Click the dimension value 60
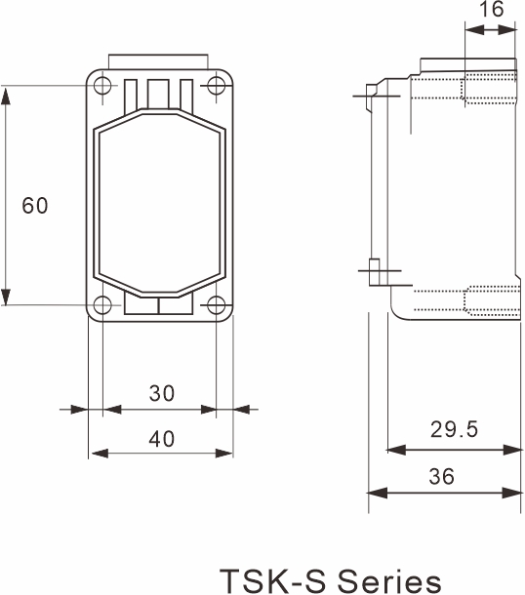pyautogui.click(x=35, y=206)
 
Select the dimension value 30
pyautogui.click(x=162, y=393)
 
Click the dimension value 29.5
pyautogui.click(x=455, y=430)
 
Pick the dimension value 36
pyautogui.click(x=441, y=477)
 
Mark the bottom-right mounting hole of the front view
pyautogui.click(x=216, y=304)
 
